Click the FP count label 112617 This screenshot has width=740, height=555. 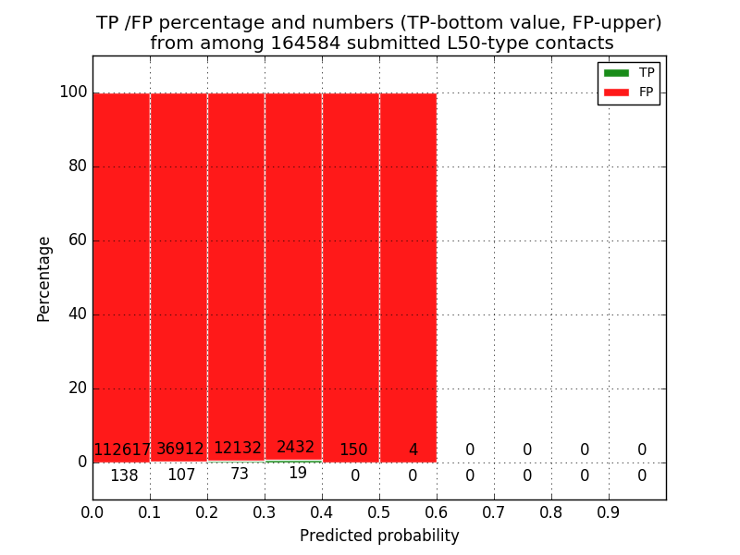click(x=122, y=450)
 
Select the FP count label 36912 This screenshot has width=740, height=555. click(x=179, y=450)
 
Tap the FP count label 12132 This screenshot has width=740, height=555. click(x=238, y=449)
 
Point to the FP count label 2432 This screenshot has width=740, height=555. click(x=295, y=448)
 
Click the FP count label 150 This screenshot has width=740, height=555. click(x=353, y=450)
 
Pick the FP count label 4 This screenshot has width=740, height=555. click(x=413, y=450)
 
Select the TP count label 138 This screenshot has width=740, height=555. click(x=124, y=476)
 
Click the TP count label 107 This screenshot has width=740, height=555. click(x=181, y=475)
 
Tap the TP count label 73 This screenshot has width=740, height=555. click(x=239, y=475)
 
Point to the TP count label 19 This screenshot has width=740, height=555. click(x=297, y=474)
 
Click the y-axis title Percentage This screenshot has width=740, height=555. click(x=43, y=278)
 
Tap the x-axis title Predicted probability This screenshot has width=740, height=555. click(x=379, y=536)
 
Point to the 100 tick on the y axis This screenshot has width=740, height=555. click(x=73, y=92)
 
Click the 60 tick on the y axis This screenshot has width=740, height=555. click(x=77, y=240)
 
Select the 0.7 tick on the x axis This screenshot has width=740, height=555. click(x=494, y=512)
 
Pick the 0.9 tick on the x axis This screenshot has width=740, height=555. click(x=609, y=512)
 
